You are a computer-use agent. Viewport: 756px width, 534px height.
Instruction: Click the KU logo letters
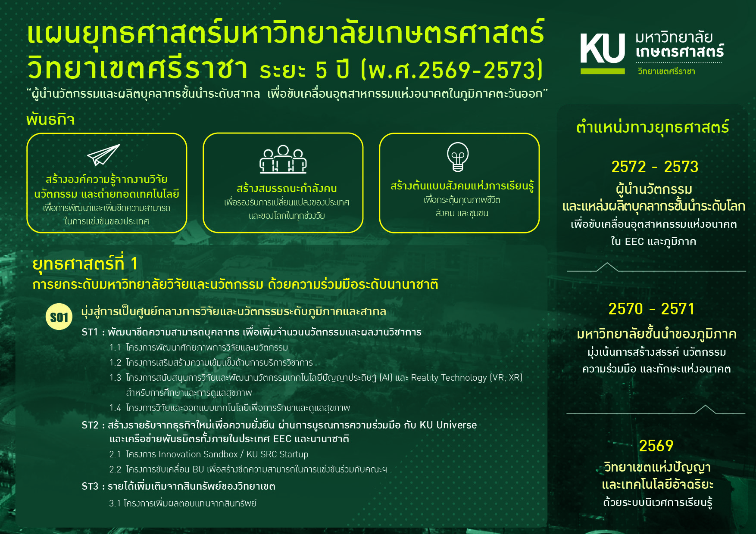tap(603, 48)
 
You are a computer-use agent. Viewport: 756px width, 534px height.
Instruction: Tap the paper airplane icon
tap(103, 155)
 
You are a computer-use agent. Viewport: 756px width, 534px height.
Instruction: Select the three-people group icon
tap(283, 159)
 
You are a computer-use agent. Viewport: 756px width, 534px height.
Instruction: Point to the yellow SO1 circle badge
tap(59, 317)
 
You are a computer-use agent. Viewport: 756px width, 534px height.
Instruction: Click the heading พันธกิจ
tap(50, 119)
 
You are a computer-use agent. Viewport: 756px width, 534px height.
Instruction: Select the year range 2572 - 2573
tap(655, 167)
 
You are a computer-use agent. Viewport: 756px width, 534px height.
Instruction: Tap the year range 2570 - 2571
tap(652, 309)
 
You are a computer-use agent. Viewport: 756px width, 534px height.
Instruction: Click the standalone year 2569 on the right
tap(656, 446)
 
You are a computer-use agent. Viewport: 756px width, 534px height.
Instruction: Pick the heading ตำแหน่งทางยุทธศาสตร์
tap(653, 127)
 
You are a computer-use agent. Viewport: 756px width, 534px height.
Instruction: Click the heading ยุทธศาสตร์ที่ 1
tap(85, 264)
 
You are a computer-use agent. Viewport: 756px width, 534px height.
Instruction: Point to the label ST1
tap(90, 332)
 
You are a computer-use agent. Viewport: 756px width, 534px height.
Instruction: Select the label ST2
tap(90, 425)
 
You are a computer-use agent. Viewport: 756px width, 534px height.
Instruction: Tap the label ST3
tap(90, 486)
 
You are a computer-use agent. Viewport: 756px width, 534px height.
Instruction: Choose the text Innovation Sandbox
tap(198, 454)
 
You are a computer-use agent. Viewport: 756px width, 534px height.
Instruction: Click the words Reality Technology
tap(449, 378)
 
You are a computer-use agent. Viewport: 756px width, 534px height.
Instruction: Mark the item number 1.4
tap(115, 408)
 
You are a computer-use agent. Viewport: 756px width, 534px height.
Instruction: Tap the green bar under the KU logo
tap(603, 71)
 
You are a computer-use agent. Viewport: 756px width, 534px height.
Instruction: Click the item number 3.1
tap(115, 503)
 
